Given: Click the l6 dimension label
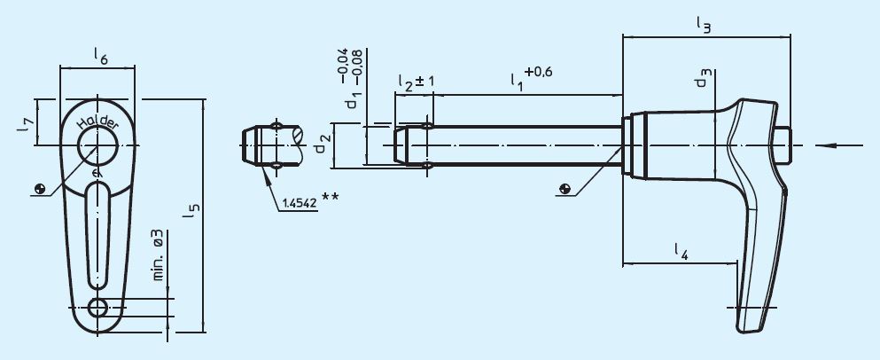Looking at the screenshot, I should (x=100, y=58).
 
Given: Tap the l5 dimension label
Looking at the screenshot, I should (x=193, y=211).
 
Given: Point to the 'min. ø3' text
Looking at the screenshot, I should (x=157, y=255).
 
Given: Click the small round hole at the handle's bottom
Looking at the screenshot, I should (x=99, y=308).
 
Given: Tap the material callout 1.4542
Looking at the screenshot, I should (x=300, y=203).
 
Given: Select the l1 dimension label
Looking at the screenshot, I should (x=517, y=80).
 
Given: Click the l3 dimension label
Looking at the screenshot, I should (x=705, y=27).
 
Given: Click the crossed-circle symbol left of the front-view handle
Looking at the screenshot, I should (x=39, y=188).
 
